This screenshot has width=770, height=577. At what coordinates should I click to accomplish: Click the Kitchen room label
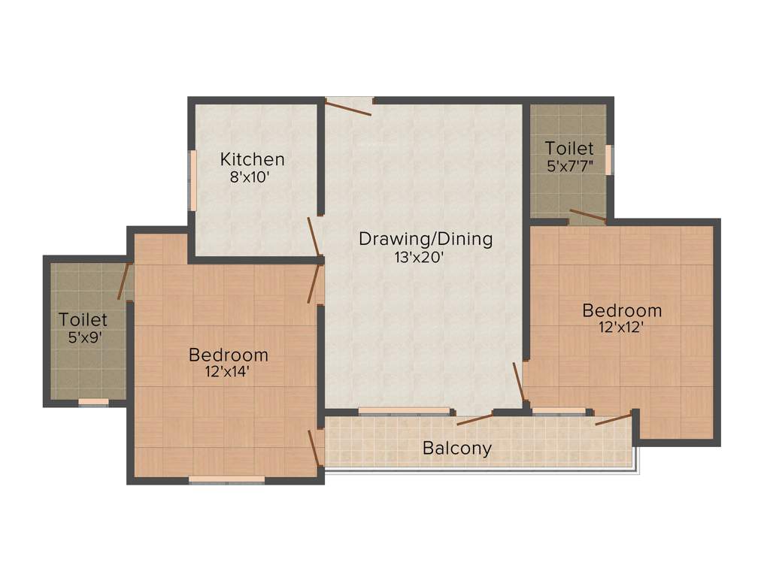252,159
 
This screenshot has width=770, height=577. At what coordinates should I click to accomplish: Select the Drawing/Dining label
425,240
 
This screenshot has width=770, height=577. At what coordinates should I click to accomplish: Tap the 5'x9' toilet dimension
84,337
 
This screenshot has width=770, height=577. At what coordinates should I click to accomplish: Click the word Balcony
456,449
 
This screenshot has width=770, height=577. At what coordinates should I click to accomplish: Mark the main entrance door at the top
348,106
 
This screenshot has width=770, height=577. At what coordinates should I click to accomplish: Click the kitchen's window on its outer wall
192,180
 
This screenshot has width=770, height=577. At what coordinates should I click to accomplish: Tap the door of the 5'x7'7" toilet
587,216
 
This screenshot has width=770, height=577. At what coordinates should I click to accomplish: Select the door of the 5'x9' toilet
123,281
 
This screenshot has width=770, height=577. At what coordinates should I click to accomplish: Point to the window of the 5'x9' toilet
93,402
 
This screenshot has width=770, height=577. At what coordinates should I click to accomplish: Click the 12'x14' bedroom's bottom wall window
226,479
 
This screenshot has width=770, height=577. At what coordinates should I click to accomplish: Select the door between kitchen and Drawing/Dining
314,236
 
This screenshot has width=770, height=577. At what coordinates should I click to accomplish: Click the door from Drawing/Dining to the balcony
474,418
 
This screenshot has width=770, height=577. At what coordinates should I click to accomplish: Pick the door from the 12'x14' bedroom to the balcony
315,449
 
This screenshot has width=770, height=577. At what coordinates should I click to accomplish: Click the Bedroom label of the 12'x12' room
622,310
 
